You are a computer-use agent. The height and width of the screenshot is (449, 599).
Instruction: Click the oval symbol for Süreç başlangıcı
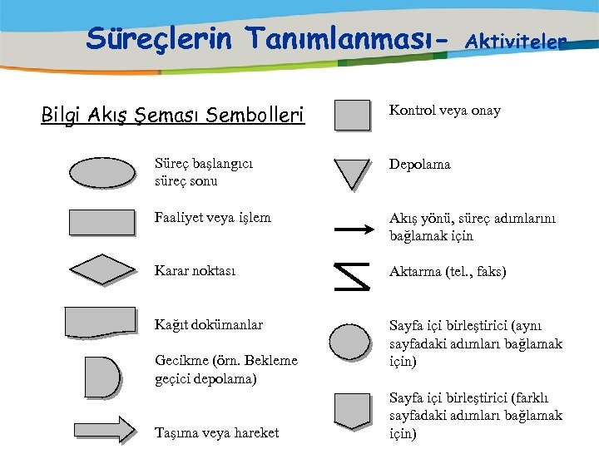pos(101,172)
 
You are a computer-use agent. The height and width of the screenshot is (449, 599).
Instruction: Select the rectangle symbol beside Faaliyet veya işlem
pos(101,222)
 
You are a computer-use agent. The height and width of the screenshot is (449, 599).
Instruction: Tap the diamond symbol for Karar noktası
pos(101,269)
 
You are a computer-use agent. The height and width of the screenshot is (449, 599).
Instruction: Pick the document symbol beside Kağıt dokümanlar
pos(101,323)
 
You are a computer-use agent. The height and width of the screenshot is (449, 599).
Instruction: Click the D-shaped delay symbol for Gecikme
pos(101,377)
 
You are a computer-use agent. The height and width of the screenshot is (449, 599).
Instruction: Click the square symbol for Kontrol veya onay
pos(352,115)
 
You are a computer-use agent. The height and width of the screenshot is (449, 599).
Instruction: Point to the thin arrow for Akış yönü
pos(353,227)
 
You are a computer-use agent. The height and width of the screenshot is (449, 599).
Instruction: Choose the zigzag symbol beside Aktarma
pos(351,277)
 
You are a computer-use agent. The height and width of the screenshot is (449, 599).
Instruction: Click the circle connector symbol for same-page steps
pos(350,342)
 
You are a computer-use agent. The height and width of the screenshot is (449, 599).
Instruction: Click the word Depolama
pos(420,165)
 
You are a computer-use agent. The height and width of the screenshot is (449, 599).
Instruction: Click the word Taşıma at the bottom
pos(176,432)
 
